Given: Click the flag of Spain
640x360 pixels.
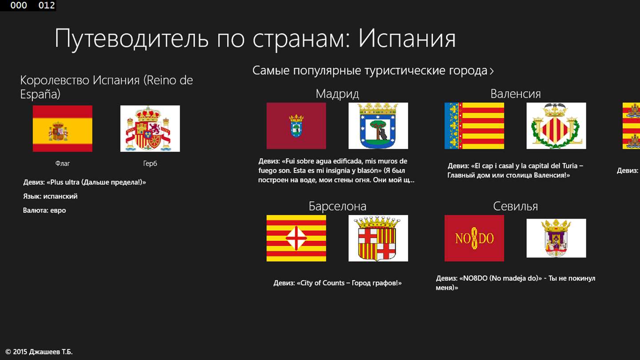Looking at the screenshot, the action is coord(63,128).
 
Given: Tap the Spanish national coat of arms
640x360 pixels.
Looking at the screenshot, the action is coord(150,128).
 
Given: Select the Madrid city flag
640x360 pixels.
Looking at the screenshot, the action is coord(296,126).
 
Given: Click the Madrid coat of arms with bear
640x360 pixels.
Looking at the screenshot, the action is coord(378,126).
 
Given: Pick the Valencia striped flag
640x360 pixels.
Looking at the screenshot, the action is coord(474,126).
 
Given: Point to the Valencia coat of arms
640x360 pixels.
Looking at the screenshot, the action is coord(556,126).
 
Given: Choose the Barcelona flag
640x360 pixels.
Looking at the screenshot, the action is coord(296,238).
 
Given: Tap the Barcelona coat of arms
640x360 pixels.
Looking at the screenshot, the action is coord(378,238).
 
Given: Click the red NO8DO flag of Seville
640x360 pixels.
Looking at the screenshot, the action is coord(474,238).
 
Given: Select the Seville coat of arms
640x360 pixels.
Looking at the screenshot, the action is coord(556,238).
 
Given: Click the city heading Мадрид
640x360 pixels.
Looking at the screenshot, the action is coord(337,94).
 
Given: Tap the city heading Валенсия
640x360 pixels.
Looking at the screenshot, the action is coord(516,94).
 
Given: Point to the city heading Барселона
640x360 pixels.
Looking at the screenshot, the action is coord(337,206).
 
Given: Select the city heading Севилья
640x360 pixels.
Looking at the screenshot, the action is coord(516,206).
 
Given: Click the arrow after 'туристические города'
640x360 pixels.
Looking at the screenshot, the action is coord(492,71).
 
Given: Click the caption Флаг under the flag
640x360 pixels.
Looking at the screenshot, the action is coord(63,164).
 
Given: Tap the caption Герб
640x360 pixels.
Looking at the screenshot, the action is coord(150,164).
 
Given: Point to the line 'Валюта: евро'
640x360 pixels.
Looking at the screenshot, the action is coord(44,211).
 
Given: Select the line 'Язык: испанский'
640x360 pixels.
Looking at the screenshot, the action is coord(50,196).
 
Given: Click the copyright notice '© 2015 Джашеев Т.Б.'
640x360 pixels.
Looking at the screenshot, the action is coord(39,352).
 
